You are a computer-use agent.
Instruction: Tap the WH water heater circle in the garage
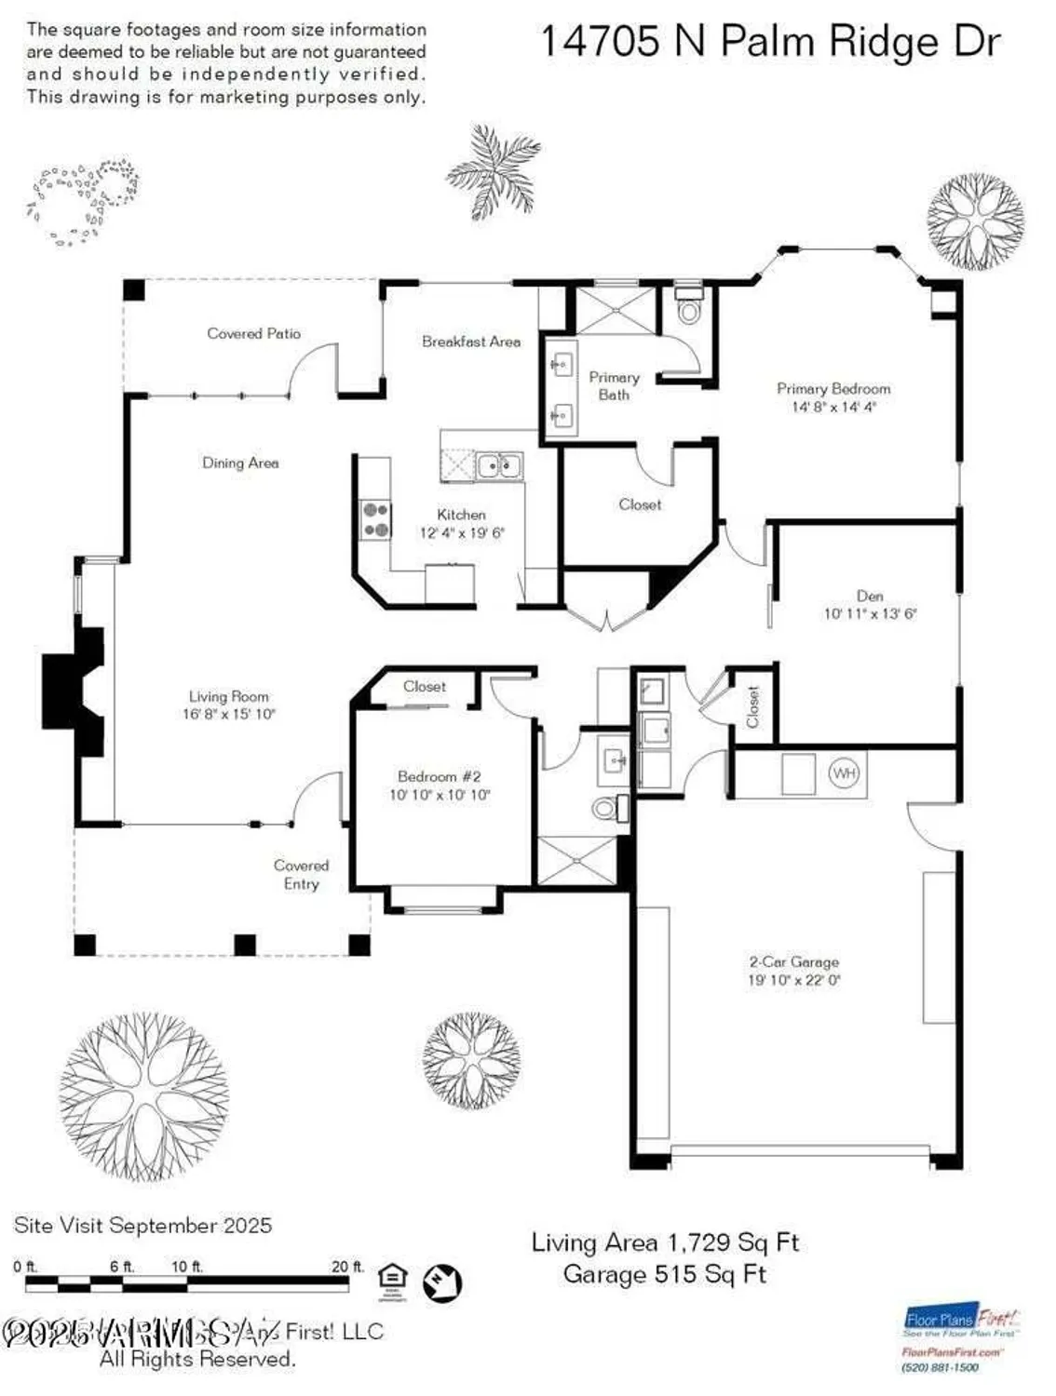(844, 773)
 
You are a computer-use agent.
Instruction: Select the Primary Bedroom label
(833, 389)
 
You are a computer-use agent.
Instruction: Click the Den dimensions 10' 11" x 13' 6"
(870, 614)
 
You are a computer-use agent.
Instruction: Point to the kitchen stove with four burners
(376, 519)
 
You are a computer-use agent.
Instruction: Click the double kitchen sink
(499, 463)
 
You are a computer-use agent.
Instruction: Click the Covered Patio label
(253, 333)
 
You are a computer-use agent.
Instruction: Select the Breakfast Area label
(471, 342)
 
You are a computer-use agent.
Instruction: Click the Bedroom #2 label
(439, 776)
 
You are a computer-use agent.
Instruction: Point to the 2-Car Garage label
(793, 962)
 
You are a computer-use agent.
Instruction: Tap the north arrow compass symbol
(442, 1283)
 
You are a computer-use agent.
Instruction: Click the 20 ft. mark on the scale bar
(347, 1267)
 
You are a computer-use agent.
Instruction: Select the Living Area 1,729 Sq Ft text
(665, 1242)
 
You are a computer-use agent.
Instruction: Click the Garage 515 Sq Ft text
(665, 1274)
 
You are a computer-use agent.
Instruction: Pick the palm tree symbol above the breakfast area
(493, 172)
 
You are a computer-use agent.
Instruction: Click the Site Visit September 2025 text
(142, 1226)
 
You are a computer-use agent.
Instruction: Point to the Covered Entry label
(301, 875)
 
